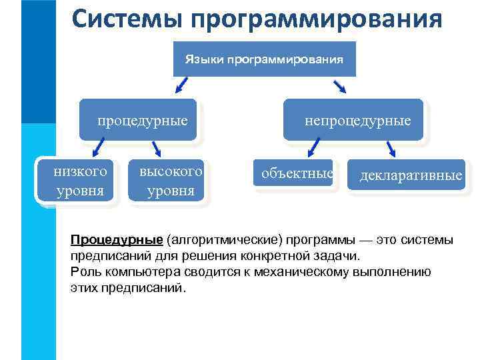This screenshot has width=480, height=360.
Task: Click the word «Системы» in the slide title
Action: point(127,19)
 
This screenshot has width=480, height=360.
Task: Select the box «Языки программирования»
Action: point(264,59)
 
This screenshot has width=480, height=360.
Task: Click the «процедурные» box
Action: point(139,120)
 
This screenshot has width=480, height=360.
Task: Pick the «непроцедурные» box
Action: point(353,120)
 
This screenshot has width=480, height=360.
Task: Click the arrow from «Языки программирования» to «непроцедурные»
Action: point(339,86)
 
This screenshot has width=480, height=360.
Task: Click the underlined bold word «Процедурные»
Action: point(117,240)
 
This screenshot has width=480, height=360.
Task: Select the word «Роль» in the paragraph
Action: point(83,272)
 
